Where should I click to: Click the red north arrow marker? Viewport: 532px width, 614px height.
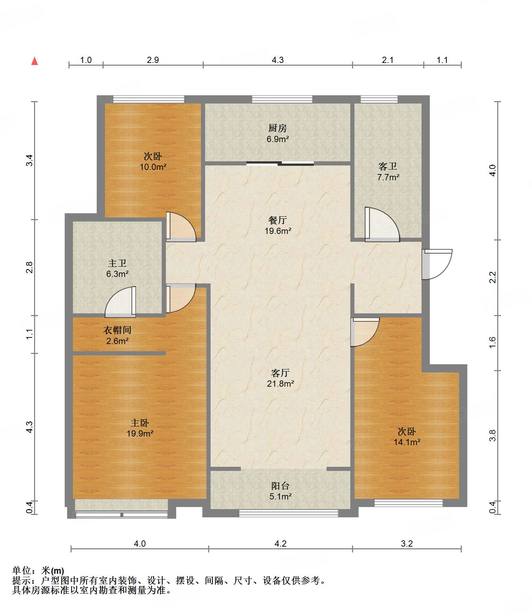point(34,61)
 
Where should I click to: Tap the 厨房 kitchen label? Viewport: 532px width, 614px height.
point(277,128)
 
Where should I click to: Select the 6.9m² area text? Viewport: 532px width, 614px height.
point(277,139)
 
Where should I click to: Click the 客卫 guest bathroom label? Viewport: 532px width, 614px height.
point(388,166)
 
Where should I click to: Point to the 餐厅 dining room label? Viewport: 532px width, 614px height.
point(277,220)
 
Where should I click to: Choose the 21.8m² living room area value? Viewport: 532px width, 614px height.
point(280,384)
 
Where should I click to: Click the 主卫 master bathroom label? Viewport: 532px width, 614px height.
point(117,263)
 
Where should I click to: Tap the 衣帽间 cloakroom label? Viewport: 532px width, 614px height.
point(117,330)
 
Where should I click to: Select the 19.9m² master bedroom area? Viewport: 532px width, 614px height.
point(140,433)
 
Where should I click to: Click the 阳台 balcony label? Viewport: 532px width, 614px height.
point(280,486)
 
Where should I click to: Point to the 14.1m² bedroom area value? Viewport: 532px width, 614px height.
point(407,442)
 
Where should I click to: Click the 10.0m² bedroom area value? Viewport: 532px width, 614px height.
point(153,167)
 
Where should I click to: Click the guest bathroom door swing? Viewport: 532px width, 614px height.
point(382,224)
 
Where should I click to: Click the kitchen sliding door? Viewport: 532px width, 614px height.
point(280,163)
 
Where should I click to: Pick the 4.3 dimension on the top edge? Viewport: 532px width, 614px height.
point(278,60)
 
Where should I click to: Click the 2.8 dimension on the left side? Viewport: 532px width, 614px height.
point(30,267)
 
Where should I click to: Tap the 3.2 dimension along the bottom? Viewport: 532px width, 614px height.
point(407,543)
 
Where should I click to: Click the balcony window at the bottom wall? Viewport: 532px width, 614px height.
point(289,513)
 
